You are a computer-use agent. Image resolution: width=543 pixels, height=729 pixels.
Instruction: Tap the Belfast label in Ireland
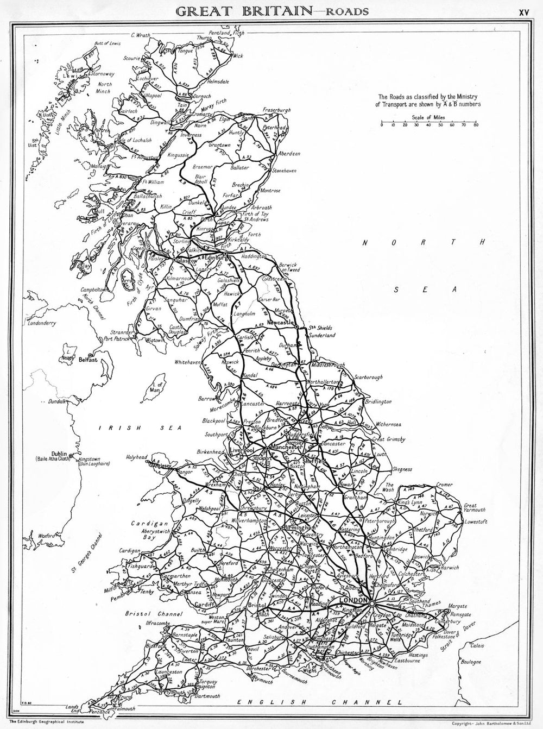coord(87,359)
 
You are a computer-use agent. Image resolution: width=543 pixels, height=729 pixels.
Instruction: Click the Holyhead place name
coord(136,457)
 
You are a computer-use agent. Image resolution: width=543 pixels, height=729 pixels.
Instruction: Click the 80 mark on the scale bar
coord(476,125)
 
